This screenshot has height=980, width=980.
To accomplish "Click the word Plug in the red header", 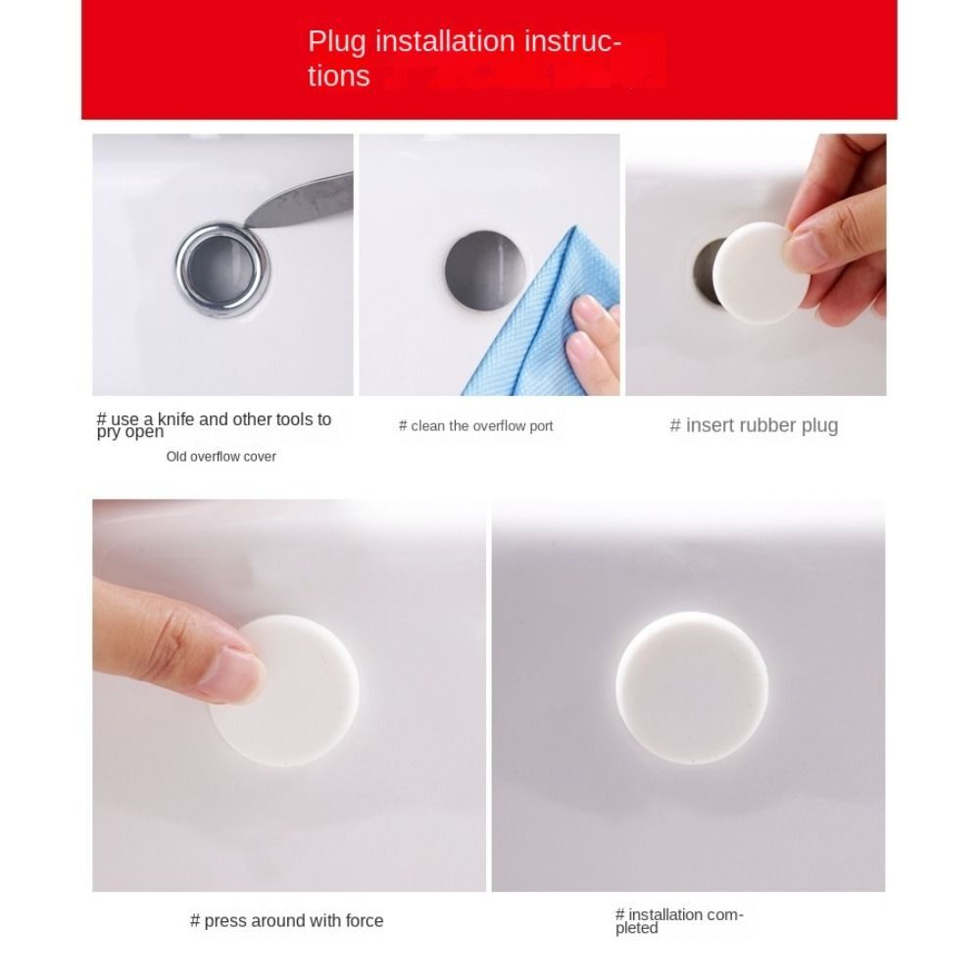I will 336,43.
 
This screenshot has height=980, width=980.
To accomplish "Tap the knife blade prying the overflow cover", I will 294,197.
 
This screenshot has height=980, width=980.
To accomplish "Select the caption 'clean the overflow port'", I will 476,426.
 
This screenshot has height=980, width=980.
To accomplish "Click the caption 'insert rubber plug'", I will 754,425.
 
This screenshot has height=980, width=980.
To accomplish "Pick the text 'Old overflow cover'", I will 220,457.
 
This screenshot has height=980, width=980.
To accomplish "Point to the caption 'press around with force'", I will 286,921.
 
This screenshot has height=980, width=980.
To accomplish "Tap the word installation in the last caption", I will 667,915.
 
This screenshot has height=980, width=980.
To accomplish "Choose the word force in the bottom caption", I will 364,921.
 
